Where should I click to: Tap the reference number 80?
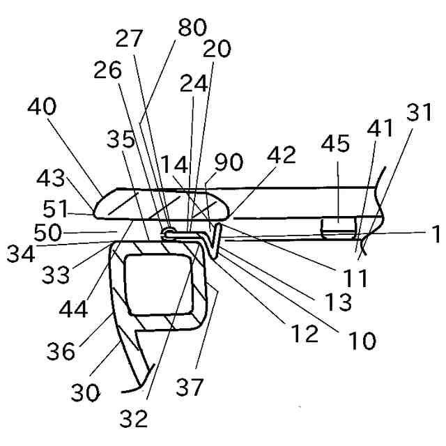click(x=192, y=30)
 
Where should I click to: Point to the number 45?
click(x=337, y=146)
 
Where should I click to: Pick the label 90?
click(x=228, y=162)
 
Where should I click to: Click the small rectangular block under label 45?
click(x=337, y=226)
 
